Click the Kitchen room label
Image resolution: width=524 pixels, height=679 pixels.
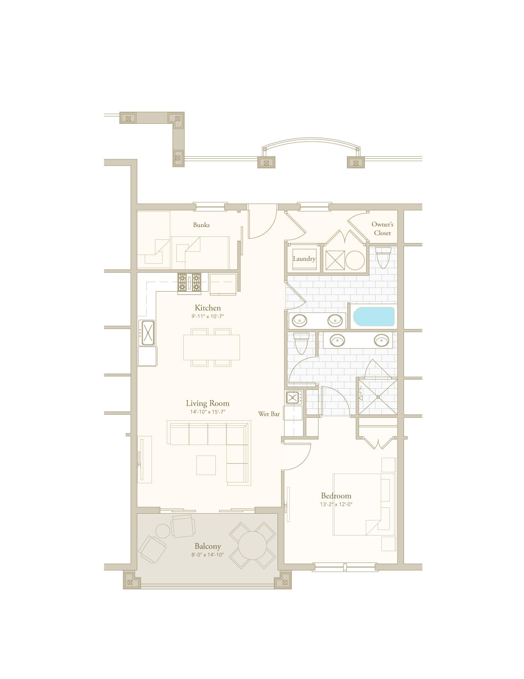click(208, 308)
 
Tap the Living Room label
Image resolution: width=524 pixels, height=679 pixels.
click(208, 403)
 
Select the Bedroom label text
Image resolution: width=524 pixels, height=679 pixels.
click(336, 496)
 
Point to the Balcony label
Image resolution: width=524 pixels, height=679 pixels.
click(208, 546)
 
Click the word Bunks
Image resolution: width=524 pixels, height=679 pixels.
click(201, 225)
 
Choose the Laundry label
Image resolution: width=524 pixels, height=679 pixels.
click(304, 259)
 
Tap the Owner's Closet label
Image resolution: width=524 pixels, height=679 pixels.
click(382, 229)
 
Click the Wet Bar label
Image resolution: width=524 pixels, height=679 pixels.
click(269, 414)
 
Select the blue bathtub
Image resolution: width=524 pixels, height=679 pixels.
click(374, 316)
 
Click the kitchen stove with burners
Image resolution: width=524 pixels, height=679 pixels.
click(189, 283)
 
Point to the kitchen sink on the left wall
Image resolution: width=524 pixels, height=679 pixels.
click(147, 333)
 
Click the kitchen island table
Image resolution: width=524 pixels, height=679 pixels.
click(211, 348)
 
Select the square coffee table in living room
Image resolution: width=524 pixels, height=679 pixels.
click(206, 465)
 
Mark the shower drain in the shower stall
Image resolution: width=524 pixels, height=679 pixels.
click(378, 396)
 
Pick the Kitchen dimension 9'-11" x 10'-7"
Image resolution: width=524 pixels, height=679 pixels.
click(208, 316)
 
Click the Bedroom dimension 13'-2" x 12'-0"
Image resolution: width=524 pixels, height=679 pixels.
click(336, 504)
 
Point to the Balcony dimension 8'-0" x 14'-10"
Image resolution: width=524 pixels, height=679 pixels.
click(208, 555)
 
